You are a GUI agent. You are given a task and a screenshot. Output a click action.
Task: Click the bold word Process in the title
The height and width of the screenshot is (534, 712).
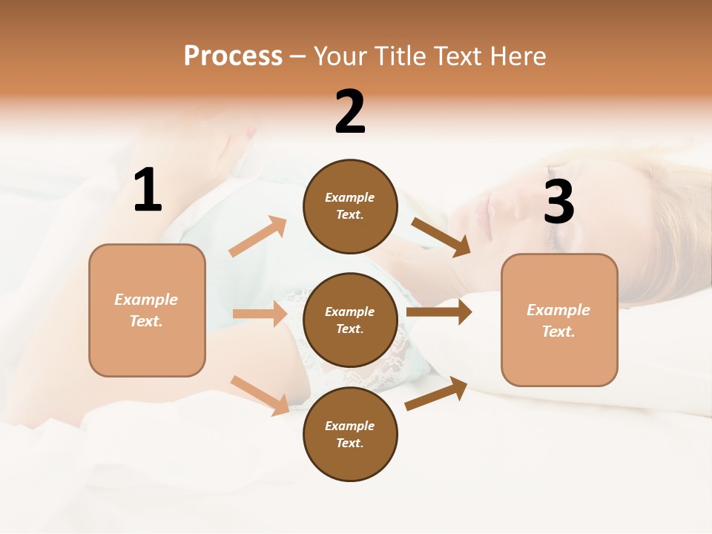point(233,56)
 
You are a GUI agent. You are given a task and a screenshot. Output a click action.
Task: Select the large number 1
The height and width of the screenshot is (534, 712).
point(148,191)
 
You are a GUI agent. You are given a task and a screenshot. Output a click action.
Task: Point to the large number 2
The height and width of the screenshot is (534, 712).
point(350,112)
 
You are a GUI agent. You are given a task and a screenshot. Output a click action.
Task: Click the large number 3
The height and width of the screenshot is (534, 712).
point(558,202)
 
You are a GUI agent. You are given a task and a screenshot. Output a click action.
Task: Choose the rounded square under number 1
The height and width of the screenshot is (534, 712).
point(147,310)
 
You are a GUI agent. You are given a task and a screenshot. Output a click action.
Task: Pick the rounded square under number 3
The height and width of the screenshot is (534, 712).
point(559,320)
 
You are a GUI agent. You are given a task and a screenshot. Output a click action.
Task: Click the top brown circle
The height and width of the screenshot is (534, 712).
point(350,206)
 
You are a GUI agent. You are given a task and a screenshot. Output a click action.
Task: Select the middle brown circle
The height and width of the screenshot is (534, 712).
point(350,320)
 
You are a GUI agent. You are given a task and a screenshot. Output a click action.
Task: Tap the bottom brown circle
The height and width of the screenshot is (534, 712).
point(350,434)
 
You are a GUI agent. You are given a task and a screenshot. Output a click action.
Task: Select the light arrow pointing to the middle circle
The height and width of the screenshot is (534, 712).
point(260,314)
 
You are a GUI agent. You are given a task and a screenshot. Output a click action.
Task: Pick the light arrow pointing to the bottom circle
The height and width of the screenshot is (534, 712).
point(260,395)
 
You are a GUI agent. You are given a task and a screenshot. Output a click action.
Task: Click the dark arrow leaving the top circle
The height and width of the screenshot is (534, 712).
point(441,237)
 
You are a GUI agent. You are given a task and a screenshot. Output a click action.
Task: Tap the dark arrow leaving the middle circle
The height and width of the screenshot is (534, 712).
point(439,311)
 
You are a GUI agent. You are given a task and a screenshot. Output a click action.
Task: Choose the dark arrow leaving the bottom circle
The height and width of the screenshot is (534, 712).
point(437,393)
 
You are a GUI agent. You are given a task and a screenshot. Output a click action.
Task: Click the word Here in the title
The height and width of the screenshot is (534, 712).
point(518,56)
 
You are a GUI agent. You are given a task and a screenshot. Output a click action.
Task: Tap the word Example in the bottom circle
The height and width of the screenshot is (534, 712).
point(350,426)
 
